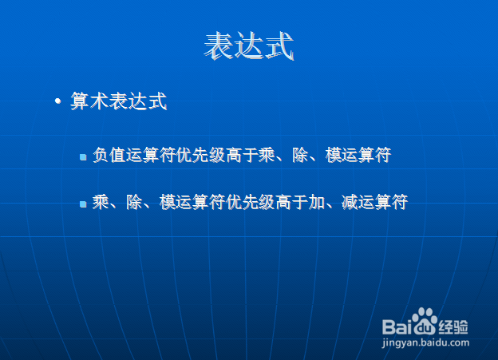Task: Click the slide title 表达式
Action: [x=249, y=45]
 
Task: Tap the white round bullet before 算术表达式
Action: [x=57, y=101]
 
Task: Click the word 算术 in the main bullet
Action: [x=89, y=101]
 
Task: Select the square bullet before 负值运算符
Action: [x=83, y=156]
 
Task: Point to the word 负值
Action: [x=109, y=155]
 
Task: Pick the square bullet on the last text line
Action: [x=83, y=204]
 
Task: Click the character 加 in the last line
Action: [x=317, y=202]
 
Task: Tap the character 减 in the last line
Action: [x=350, y=202]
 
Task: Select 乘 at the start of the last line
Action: [x=101, y=202]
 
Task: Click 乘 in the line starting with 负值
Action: [x=267, y=155]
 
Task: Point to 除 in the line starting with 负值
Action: [x=300, y=155]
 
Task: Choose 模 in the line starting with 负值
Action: [x=334, y=155]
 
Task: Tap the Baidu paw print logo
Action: [x=425, y=321]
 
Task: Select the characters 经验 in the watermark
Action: [x=453, y=326]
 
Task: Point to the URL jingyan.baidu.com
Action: [x=425, y=343]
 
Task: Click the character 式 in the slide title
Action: [x=279, y=45]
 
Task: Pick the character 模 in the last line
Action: [x=168, y=202]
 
